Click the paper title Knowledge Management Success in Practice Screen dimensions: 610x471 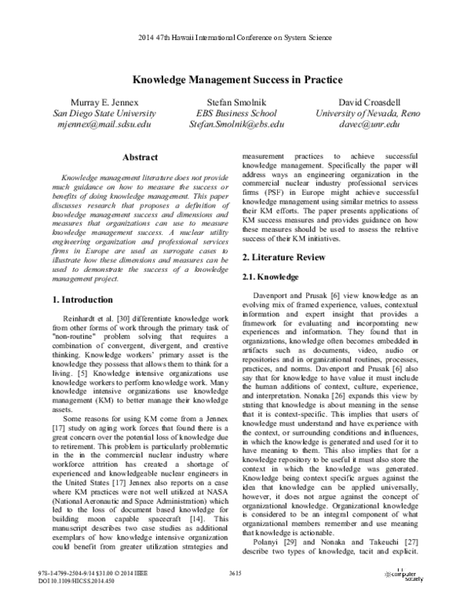click(235, 80)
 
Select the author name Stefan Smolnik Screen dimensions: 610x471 click(235, 102)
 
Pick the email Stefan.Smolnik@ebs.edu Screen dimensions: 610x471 click(235, 124)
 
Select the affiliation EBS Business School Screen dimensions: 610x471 click(235, 113)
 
